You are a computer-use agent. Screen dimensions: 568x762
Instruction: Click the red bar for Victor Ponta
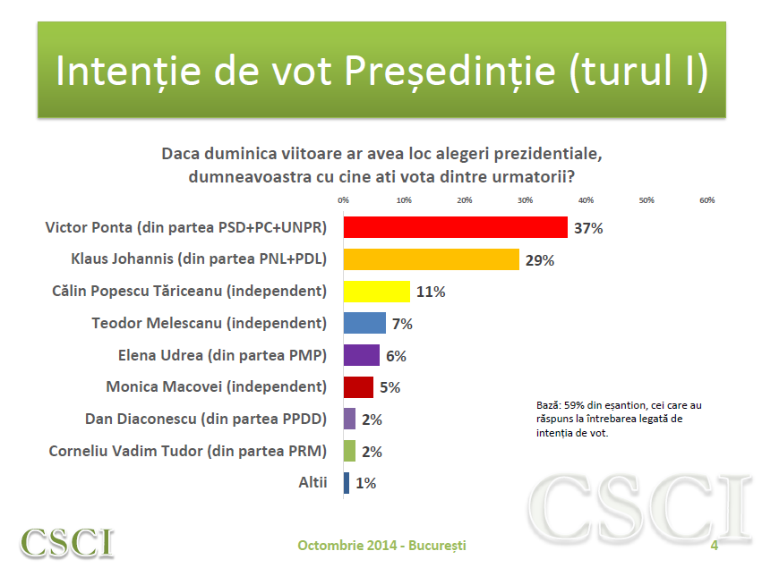[455, 227]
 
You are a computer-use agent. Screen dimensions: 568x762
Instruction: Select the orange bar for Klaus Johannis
[431, 259]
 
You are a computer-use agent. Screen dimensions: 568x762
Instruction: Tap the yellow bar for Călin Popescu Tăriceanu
[376, 292]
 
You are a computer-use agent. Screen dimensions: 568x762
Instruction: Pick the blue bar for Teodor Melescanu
[364, 323]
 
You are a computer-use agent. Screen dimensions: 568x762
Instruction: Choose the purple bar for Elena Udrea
[361, 355]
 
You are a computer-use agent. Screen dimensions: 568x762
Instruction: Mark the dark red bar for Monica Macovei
[358, 387]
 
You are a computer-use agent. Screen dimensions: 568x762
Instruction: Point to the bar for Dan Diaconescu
[349, 419]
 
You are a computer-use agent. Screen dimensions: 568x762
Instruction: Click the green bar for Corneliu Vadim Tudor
[349, 451]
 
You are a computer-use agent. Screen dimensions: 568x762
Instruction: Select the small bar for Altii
[347, 483]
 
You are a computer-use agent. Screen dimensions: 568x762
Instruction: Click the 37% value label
[588, 228]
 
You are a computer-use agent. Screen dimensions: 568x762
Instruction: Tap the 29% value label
[540, 260]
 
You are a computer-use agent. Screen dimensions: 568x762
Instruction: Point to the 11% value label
[430, 292]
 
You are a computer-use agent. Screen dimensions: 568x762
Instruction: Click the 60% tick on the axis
[706, 199]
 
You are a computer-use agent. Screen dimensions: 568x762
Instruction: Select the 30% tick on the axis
[525, 199]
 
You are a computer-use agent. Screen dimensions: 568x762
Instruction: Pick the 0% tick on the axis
[343, 199]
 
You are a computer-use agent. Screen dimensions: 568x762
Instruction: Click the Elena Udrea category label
[222, 355]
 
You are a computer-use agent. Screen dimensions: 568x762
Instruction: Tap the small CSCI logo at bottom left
[68, 542]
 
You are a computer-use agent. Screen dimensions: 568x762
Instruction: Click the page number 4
[715, 545]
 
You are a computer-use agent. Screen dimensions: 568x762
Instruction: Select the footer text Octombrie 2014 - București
[381, 545]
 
